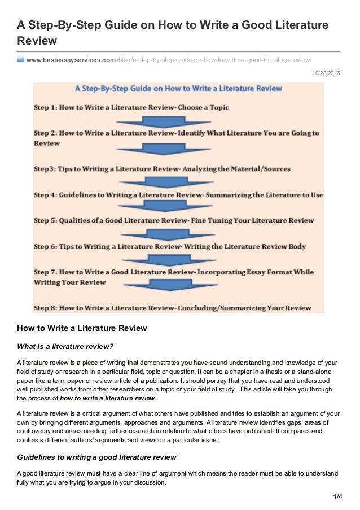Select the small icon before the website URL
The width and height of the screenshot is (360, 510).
21,60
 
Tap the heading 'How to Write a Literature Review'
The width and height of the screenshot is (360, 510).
82,328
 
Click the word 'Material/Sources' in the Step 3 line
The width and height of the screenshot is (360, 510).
269,168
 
